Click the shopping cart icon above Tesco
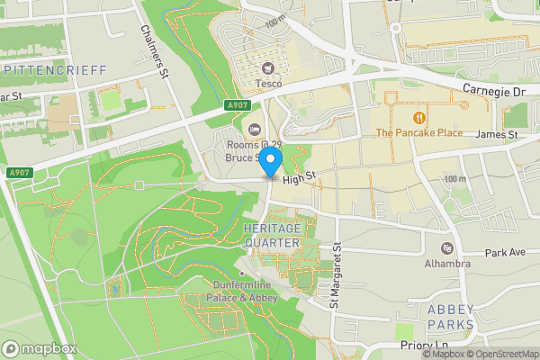tap(267, 68)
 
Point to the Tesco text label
tap(267, 84)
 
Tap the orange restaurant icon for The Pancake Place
tap(418, 118)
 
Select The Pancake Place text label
tap(418, 133)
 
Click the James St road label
tap(497, 135)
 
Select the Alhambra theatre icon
tap(447, 248)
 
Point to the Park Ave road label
tap(505, 253)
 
